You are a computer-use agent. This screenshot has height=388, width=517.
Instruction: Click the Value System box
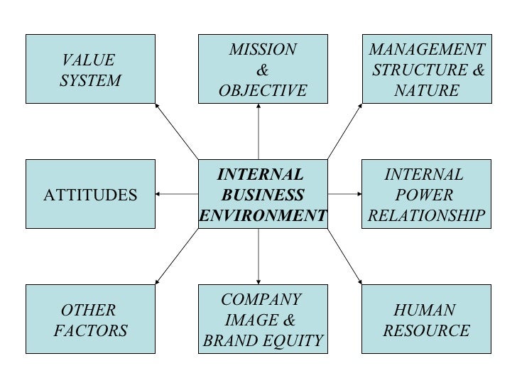(x=91, y=69)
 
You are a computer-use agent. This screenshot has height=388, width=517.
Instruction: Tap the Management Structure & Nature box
(x=427, y=69)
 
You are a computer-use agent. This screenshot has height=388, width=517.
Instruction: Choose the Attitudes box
(x=91, y=194)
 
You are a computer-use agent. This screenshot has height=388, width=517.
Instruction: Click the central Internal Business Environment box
(x=263, y=194)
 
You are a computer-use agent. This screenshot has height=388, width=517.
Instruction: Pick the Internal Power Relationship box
(x=427, y=194)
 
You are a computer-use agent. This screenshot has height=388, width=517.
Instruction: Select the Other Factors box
(x=91, y=319)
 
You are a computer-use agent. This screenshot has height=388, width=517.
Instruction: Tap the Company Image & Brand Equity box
(x=263, y=319)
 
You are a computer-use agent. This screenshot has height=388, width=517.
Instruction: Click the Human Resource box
(x=427, y=319)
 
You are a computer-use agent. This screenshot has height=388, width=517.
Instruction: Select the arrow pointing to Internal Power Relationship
(x=345, y=193)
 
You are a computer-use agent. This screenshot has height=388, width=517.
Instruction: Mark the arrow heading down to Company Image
(x=258, y=256)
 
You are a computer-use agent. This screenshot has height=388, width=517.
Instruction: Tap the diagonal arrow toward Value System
(x=176, y=131)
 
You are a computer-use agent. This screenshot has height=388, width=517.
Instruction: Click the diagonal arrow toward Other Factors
(x=176, y=257)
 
